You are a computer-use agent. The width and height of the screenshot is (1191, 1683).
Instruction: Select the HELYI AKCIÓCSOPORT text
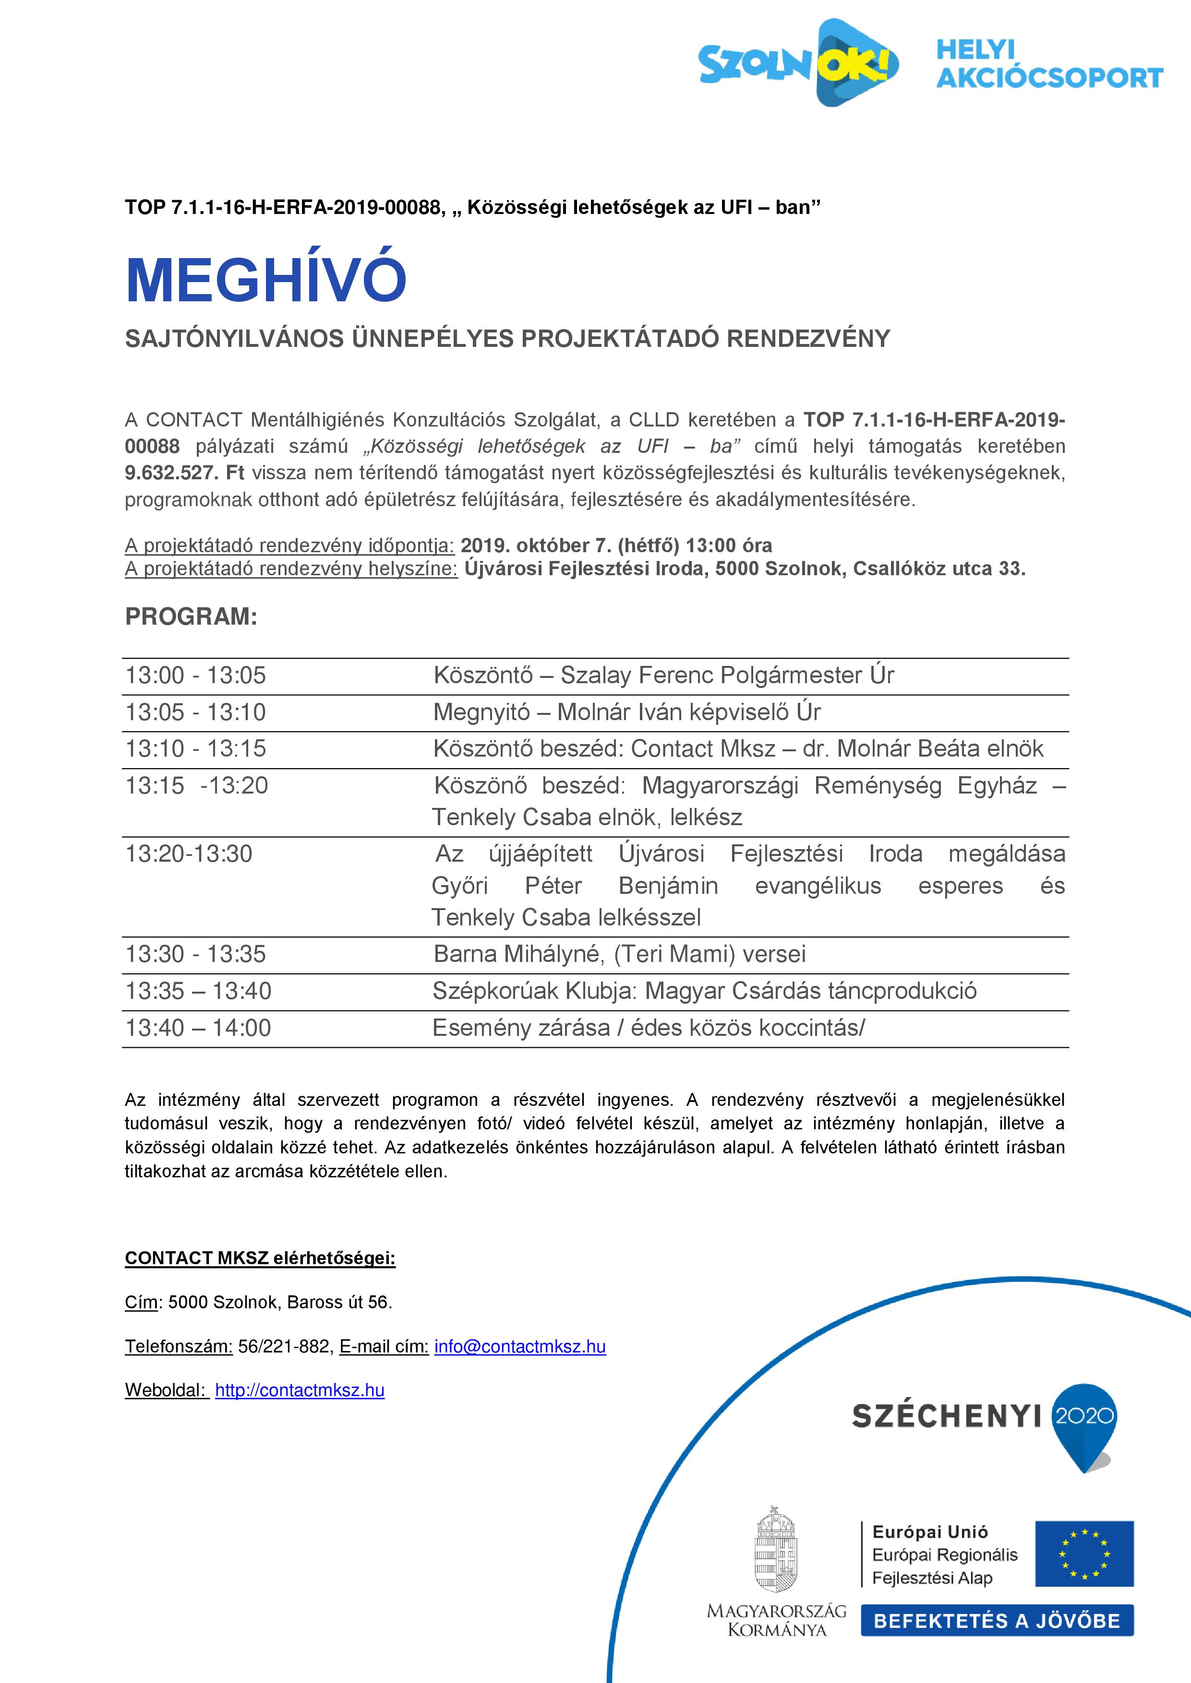(1049, 64)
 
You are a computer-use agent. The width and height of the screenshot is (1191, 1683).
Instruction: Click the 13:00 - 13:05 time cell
(196, 675)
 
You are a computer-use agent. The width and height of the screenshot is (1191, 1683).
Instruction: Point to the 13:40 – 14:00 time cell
(198, 1028)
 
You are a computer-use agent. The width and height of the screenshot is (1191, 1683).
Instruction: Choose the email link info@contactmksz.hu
(520, 1347)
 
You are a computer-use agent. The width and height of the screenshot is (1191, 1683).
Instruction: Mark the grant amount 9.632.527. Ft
(184, 473)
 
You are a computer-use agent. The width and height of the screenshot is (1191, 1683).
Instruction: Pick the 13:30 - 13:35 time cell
(196, 954)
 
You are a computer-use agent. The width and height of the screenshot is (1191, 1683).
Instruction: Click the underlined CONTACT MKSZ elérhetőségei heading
(260, 1258)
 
